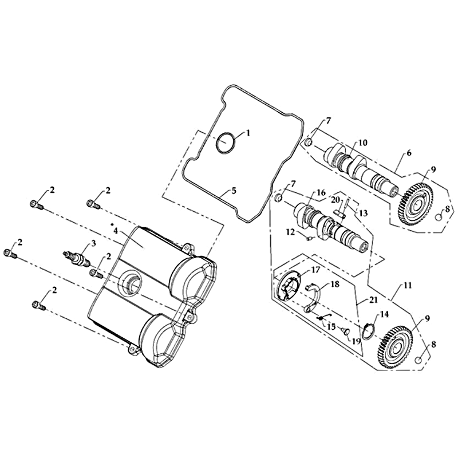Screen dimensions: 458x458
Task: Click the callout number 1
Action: coord(248,133)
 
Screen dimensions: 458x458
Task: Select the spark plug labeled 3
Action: coord(77,259)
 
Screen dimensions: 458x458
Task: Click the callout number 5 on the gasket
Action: coord(234,191)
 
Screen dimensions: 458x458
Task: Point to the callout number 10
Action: coord(363,143)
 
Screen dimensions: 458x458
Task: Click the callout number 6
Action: coord(409,153)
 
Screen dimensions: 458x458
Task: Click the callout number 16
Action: coord(321,192)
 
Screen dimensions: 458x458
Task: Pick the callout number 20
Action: coord(335,200)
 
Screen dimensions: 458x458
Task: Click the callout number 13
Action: coord(363,214)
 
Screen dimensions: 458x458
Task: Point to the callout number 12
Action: coord(291,233)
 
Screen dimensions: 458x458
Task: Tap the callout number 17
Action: coord(316,269)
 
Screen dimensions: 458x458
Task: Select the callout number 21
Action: coord(374,300)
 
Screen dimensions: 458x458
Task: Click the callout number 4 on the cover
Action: coord(116,231)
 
